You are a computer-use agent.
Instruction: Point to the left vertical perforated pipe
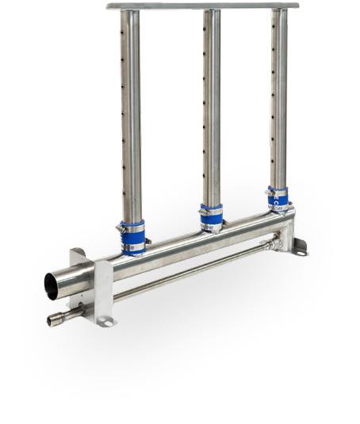coord(132,119)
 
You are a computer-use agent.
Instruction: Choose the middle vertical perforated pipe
coord(210,111)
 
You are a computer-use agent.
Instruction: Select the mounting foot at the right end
coord(299,251)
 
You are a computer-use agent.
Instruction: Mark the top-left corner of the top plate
coord(107,6)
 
